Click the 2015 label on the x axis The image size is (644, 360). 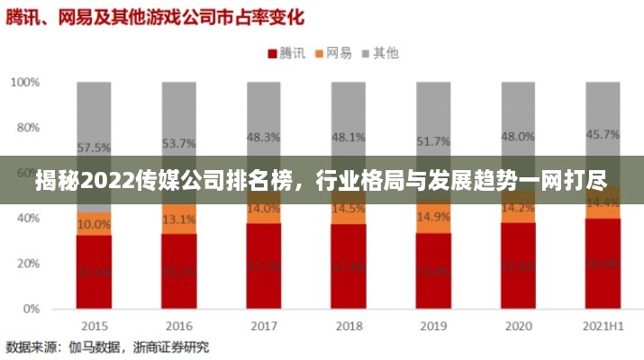point(94,325)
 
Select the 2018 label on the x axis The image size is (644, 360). point(348,325)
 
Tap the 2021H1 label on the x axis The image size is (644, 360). point(602,325)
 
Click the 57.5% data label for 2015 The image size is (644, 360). point(94,148)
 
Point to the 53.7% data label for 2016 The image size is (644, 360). point(178,143)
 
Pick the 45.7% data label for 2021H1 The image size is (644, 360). point(602,134)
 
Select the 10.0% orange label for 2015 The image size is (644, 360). point(94,224)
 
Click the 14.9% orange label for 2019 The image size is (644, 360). point(432,217)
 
